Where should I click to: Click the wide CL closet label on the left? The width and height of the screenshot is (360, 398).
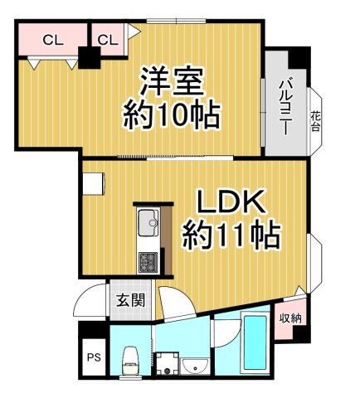tap(51, 38)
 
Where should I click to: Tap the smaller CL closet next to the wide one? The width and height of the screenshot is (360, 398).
tap(107, 38)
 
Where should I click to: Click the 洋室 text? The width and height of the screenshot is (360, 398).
tap(172, 83)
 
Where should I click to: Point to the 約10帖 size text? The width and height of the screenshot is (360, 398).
tap(172, 113)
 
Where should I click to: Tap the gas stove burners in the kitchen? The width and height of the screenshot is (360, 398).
tap(148, 263)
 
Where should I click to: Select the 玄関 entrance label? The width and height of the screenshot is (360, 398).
tap(129, 300)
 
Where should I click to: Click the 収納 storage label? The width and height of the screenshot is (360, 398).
tap(289, 318)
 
